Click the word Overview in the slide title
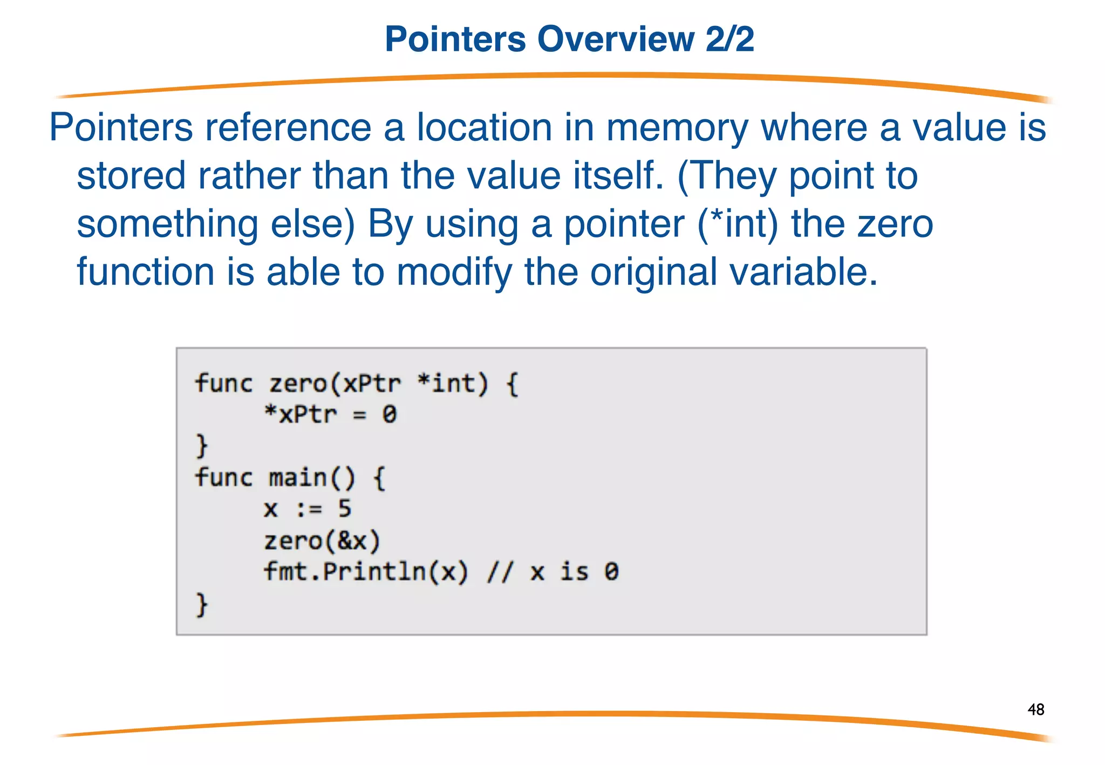(615, 39)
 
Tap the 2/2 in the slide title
(729, 39)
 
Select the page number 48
(1036, 709)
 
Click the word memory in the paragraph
(677, 128)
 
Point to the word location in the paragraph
(484, 127)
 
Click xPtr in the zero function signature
(372, 384)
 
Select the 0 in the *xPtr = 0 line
(389, 414)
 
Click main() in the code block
(311, 478)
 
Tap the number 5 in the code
(344, 509)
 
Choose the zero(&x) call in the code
(322, 541)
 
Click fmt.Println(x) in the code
(365, 572)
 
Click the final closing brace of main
(201, 604)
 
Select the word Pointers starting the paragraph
(121, 127)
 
